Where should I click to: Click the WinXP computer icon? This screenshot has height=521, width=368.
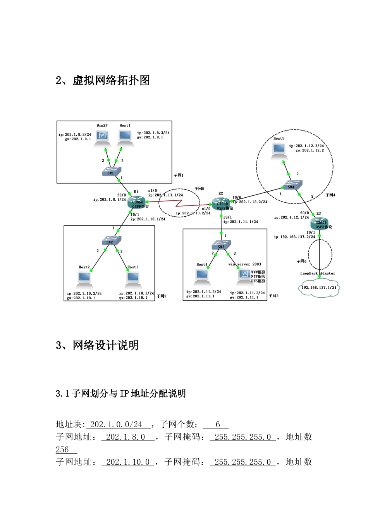[102, 137]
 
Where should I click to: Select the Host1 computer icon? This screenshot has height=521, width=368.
[125, 137]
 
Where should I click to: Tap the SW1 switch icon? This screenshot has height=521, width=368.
[112, 171]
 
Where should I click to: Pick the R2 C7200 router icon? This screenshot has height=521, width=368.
[222, 204]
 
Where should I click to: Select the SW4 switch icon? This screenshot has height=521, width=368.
[292, 186]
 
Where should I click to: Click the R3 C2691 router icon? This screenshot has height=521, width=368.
[321, 223]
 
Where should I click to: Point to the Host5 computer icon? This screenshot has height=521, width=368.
[279, 150]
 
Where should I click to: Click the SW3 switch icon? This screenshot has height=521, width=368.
[221, 245]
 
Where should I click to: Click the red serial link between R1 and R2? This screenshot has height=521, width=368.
[179, 203]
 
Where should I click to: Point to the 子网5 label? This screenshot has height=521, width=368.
[199, 189]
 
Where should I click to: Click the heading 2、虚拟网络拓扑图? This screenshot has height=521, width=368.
[103, 80]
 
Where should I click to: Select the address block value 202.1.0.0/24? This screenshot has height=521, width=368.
[116, 424]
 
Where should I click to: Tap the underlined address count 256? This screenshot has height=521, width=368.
[62, 450]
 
